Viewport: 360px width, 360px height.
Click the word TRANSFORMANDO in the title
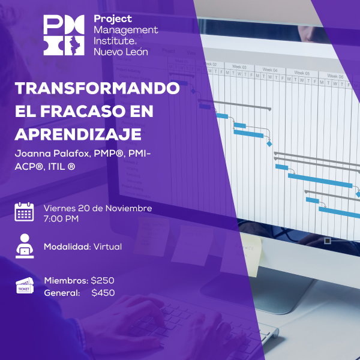tap(97, 88)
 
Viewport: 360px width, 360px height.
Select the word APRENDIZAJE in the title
tap(78, 133)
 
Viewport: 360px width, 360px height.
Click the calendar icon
tap(25, 212)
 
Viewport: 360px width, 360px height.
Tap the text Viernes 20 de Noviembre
tap(98, 208)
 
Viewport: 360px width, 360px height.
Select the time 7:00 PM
tap(61, 218)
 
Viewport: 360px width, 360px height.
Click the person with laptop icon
tap(25, 246)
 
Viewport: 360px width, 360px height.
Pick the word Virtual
tap(107, 247)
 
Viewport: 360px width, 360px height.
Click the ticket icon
tap(25, 286)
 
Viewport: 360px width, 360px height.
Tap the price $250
tap(103, 281)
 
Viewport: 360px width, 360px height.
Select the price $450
tap(103, 293)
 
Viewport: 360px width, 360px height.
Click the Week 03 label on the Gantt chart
tap(239, 67)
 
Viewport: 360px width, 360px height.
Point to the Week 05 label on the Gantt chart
tap(302, 73)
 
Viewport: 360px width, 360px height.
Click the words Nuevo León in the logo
tap(121, 52)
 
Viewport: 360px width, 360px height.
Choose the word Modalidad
tap(67, 247)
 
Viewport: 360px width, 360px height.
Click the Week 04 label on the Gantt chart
tap(271, 70)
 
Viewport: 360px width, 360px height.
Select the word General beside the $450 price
tap(62, 293)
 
